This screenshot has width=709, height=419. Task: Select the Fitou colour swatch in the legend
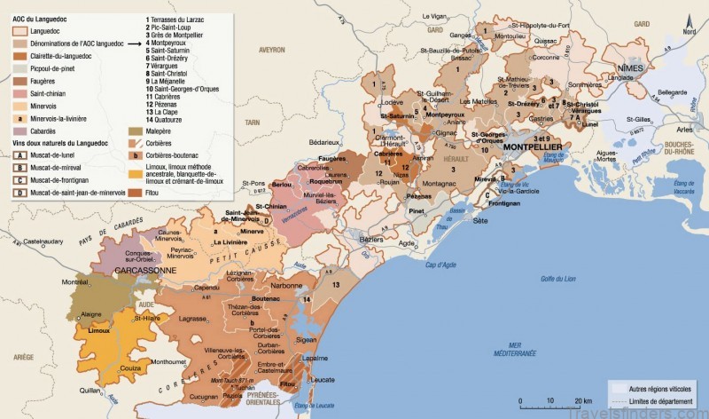[134, 191]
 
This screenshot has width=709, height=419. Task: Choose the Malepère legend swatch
[134, 130]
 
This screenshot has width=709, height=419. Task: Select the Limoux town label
[98, 330]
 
